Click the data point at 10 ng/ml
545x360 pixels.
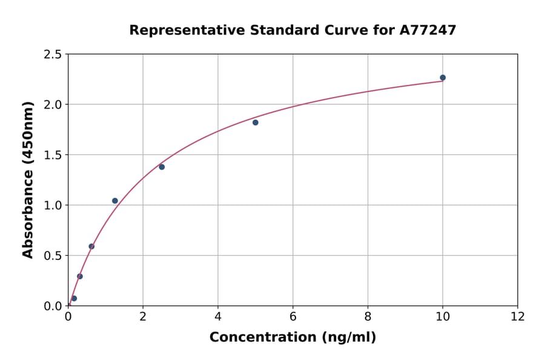(x=443, y=78)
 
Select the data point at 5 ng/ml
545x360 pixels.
(x=256, y=122)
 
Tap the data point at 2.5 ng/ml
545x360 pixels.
(x=162, y=167)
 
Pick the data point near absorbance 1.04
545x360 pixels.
(x=115, y=201)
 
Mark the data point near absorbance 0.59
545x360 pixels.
(x=91, y=246)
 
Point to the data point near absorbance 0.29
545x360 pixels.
(x=80, y=276)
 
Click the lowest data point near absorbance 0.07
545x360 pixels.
(x=74, y=298)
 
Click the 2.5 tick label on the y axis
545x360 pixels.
(x=53, y=55)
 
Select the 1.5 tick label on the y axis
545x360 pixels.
(x=53, y=155)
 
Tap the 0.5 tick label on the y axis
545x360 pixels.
(x=53, y=256)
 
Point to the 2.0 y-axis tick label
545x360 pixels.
(x=53, y=105)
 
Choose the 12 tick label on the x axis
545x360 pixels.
(x=518, y=316)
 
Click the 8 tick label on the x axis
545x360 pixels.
(x=368, y=316)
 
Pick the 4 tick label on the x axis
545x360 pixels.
(x=218, y=316)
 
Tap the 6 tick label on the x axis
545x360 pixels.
(x=293, y=316)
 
